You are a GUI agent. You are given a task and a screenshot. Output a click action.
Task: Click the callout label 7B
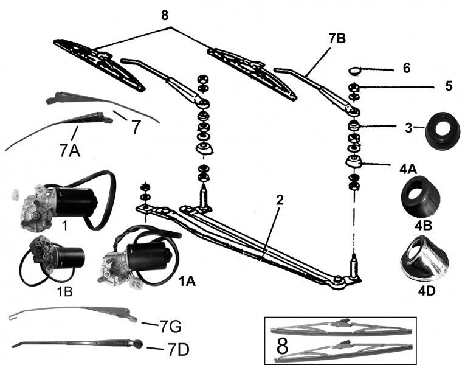click(x=337, y=38)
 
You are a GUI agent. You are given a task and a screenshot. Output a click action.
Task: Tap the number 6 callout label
click(x=407, y=68)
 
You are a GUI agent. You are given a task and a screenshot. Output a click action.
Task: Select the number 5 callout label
click(x=449, y=86)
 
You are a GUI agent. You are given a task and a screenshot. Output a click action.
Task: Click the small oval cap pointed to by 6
click(x=354, y=71)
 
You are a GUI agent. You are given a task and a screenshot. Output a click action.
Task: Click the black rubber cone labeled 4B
click(x=421, y=197)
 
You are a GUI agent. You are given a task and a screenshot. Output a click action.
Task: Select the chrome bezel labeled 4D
click(x=424, y=259)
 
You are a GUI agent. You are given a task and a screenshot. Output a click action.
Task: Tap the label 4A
click(x=408, y=169)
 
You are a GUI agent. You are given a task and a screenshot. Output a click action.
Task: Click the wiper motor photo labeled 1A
click(x=139, y=257)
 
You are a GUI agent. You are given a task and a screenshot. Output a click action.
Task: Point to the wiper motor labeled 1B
click(x=52, y=260)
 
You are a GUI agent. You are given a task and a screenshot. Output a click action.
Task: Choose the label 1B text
click(x=64, y=292)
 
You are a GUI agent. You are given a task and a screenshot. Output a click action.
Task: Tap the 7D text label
click(x=178, y=350)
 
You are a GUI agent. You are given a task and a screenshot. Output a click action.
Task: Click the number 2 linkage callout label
click(x=280, y=200)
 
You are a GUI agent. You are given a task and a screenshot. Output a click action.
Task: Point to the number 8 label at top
click(x=165, y=15)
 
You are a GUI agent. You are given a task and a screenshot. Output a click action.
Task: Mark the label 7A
click(x=70, y=151)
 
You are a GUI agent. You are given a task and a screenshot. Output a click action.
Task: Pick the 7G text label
click(x=171, y=327)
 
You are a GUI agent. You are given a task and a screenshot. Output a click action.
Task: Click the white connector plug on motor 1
click(x=15, y=194)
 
